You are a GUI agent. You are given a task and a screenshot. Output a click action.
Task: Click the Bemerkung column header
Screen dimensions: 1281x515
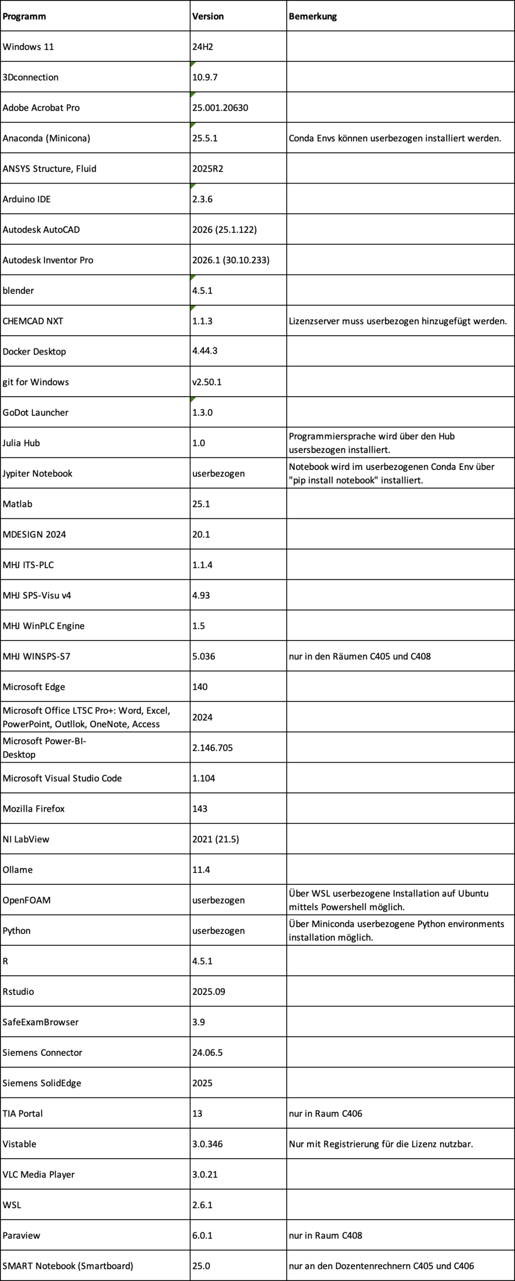[x=313, y=16]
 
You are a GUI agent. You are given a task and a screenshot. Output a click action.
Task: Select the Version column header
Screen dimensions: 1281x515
[x=208, y=16]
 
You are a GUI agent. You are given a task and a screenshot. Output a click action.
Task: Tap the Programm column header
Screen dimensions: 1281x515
[x=24, y=16]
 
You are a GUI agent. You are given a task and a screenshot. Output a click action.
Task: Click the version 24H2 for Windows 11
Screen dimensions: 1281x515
[x=203, y=47]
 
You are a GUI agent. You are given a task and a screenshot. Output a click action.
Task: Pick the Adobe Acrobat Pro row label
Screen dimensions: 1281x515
[x=41, y=108]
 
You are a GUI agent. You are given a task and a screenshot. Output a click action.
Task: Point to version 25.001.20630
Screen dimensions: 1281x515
[x=220, y=108]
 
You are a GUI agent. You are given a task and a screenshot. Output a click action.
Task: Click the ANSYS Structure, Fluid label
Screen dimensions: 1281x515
[x=49, y=168]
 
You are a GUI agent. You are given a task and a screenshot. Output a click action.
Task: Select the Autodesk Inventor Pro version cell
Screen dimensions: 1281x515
[x=231, y=260]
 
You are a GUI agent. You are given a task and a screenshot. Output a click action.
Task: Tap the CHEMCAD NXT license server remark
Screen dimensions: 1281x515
[x=397, y=321]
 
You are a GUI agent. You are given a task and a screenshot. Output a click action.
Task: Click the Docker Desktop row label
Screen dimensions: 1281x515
[x=34, y=351]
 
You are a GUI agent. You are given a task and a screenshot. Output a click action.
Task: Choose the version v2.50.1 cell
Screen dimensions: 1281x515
[x=207, y=382]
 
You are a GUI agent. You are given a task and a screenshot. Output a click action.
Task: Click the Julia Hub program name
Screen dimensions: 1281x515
[x=21, y=443]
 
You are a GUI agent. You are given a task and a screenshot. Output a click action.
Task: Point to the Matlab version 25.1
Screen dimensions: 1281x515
[x=201, y=504]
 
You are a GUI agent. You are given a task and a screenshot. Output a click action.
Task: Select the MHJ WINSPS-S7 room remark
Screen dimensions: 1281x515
[x=360, y=656]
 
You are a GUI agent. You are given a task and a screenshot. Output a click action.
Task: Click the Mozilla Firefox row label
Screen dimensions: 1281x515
[x=34, y=808]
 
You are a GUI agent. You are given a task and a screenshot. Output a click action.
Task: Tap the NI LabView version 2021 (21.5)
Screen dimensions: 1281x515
[x=215, y=839]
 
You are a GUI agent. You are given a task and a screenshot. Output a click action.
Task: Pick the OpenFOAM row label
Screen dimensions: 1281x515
[x=27, y=900]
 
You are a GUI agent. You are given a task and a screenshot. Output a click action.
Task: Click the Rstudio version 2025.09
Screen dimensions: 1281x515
[x=209, y=991]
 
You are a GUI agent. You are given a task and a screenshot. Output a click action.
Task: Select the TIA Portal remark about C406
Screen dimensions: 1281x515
[x=326, y=1114]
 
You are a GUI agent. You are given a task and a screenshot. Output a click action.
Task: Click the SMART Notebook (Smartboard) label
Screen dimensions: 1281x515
[x=68, y=1266]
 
